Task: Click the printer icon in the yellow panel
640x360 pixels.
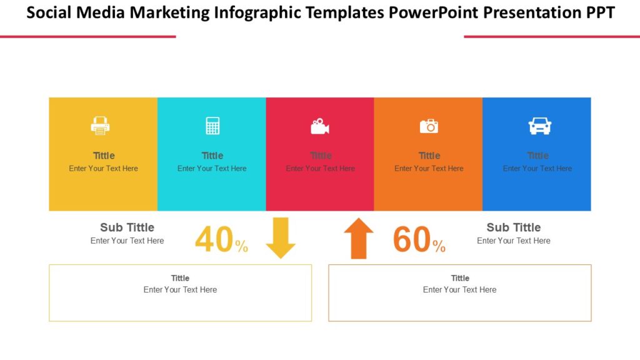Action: (x=100, y=126)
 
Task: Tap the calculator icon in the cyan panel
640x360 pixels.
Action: (x=212, y=126)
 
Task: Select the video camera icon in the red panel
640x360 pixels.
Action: (x=320, y=126)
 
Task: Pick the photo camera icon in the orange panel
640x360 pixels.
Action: (x=429, y=126)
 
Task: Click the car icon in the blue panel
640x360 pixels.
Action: (x=539, y=126)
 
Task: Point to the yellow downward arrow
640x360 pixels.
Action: (x=281, y=237)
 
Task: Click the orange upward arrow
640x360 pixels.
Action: (x=359, y=238)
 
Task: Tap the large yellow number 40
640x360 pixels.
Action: (x=214, y=240)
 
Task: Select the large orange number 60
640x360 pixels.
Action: (x=412, y=240)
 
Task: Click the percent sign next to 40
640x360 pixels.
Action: (x=242, y=247)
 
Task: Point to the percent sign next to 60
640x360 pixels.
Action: (x=439, y=247)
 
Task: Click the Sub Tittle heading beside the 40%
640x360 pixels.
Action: (x=127, y=227)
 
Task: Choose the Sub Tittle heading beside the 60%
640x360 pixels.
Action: (x=514, y=227)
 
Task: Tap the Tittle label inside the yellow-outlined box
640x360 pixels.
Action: (x=180, y=278)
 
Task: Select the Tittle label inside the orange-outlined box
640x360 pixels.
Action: (x=460, y=278)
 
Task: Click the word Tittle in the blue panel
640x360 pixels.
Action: (x=537, y=156)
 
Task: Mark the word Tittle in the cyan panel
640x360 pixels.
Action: (x=212, y=156)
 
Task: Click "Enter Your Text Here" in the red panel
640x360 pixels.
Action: (x=320, y=169)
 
